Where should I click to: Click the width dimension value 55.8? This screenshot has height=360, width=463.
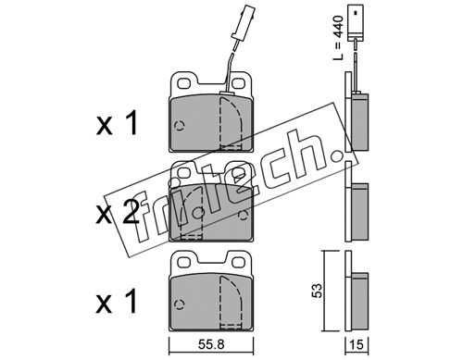(x=211, y=344)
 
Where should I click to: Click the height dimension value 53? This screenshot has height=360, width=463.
(x=317, y=291)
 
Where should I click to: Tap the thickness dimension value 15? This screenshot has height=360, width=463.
(x=357, y=344)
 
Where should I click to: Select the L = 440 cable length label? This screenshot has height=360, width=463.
(x=339, y=38)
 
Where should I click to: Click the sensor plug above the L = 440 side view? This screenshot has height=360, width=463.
(x=356, y=23)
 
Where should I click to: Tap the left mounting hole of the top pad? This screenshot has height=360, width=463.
(x=184, y=82)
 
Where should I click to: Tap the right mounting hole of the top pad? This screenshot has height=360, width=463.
(x=238, y=82)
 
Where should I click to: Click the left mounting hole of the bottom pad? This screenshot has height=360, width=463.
(x=184, y=262)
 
